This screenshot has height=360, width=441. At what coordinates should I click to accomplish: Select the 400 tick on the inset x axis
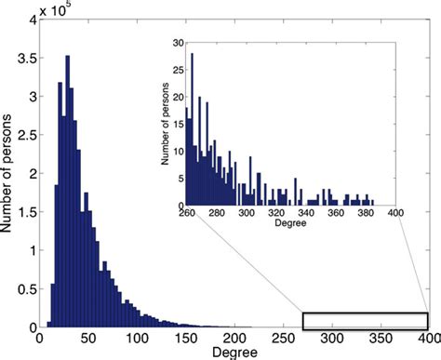395,215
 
